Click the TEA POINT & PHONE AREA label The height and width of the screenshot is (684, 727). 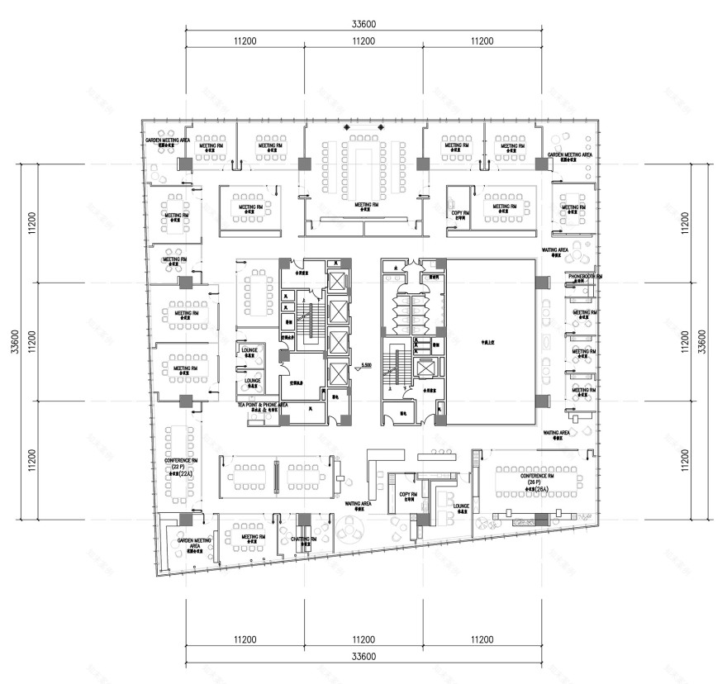pyautogui.click(x=262, y=406)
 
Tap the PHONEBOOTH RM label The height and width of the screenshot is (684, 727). pyautogui.click(x=584, y=276)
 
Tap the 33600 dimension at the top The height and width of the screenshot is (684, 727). pyautogui.click(x=363, y=24)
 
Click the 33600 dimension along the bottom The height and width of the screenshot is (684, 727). pyautogui.click(x=363, y=657)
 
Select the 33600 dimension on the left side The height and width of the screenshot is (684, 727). pyautogui.click(x=14, y=341)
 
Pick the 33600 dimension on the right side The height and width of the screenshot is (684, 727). pyautogui.click(x=701, y=341)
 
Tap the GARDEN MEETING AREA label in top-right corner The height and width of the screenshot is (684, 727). pyautogui.click(x=569, y=155)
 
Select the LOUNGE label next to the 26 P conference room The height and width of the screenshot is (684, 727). pyautogui.click(x=461, y=506)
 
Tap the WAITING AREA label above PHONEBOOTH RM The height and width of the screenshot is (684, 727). pyautogui.click(x=554, y=249)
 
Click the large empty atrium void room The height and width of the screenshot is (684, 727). pyautogui.click(x=491, y=340)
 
